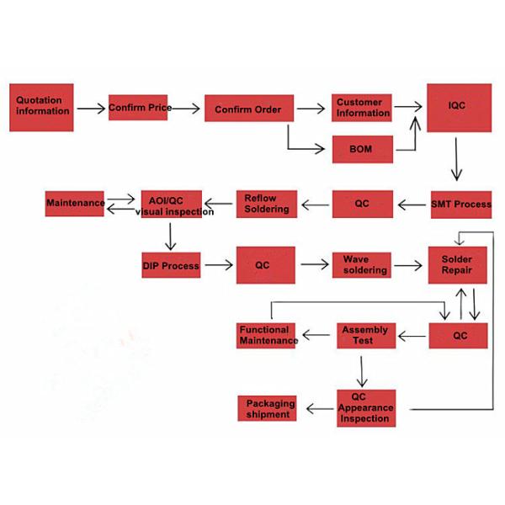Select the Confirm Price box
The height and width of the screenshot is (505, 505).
click(140, 108)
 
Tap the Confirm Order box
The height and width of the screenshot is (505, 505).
click(247, 109)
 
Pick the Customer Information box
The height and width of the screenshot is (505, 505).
click(363, 107)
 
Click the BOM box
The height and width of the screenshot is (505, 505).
click(360, 150)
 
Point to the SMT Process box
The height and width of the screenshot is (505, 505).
click(460, 204)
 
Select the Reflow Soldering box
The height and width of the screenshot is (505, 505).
click(266, 204)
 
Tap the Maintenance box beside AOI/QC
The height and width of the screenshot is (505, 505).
click(75, 203)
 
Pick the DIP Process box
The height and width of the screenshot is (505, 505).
click(170, 266)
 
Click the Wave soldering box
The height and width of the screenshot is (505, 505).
click(364, 265)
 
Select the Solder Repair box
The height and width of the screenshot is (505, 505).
click(458, 266)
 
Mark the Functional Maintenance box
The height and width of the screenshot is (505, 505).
click(268, 335)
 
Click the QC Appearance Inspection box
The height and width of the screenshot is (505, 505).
click(365, 407)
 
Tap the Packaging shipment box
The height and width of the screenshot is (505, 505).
click(268, 408)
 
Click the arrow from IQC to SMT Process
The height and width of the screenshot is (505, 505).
click(457, 159)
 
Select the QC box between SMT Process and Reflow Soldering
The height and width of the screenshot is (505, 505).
click(362, 203)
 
